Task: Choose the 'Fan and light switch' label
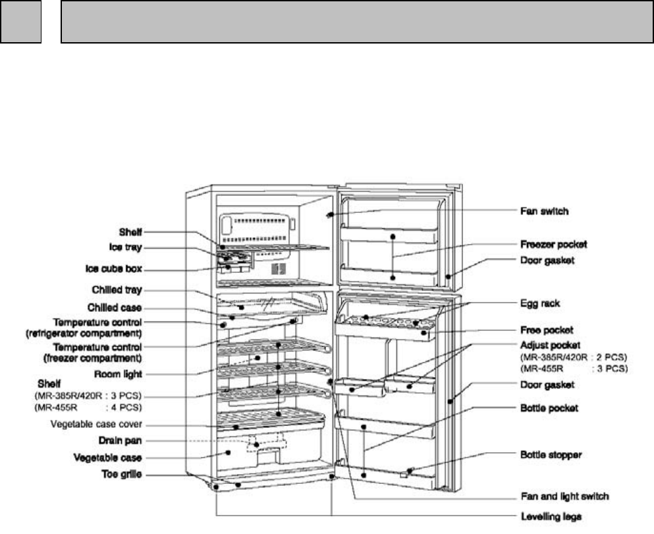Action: (560, 496)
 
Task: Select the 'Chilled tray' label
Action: (119, 289)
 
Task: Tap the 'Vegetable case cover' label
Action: (97, 424)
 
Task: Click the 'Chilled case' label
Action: (117, 307)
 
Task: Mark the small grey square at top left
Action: (20, 22)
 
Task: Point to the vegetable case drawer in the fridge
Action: (231, 454)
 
